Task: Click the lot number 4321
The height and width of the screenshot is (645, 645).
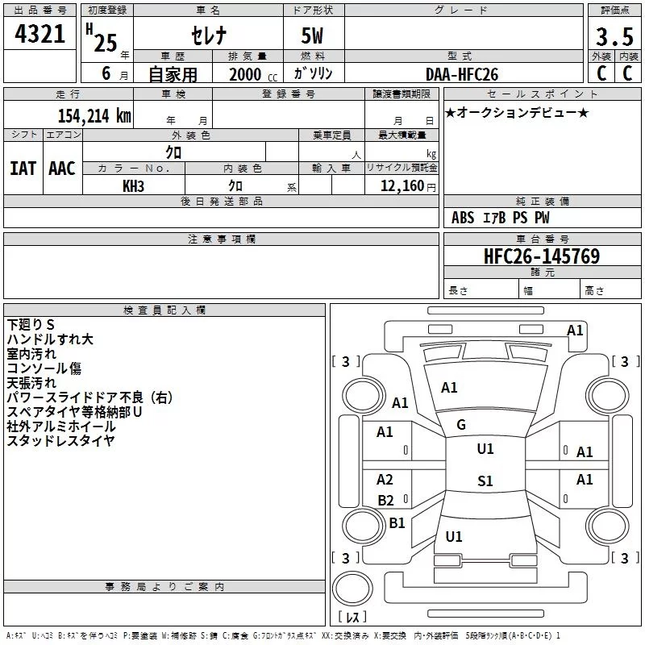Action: pyautogui.click(x=40, y=34)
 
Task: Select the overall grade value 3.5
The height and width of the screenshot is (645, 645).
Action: pyautogui.click(x=614, y=36)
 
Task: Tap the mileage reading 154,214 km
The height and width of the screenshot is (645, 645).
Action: pyautogui.click(x=94, y=115)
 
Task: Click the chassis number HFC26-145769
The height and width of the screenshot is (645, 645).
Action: pyautogui.click(x=542, y=256)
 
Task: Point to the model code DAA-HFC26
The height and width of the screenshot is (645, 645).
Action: pyautogui.click(x=461, y=74)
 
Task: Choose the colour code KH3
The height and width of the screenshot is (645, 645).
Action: pyautogui.click(x=133, y=186)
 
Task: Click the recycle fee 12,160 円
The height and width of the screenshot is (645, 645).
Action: pyautogui.click(x=408, y=186)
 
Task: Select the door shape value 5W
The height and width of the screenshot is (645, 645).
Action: pyautogui.click(x=312, y=35)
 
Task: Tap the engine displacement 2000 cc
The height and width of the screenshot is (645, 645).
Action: pyautogui.click(x=253, y=74)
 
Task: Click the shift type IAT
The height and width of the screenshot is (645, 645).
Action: pyautogui.click(x=23, y=169)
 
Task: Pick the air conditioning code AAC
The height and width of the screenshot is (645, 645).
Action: pyautogui.click(x=62, y=169)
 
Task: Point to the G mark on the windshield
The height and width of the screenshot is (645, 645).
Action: pyautogui.click(x=461, y=425)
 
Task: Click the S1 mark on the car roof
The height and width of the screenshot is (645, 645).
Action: pyautogui.click(x=485, y=481)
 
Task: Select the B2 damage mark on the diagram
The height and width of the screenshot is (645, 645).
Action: pyautogui.click(x=385, y=500)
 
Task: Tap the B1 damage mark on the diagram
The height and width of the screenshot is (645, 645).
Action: pyautogui.click(x=397, y=522)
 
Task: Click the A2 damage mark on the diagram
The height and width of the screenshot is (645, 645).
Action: pyautogui.click(x=385, y=479)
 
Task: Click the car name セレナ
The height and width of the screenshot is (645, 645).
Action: pyautogui.click(x=209, y=35)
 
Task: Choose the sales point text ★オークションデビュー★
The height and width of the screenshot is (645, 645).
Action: pyautogui.click(x=517, y=112)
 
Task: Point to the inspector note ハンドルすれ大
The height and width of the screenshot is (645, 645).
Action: pyautogui.click(x=50, y=339)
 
